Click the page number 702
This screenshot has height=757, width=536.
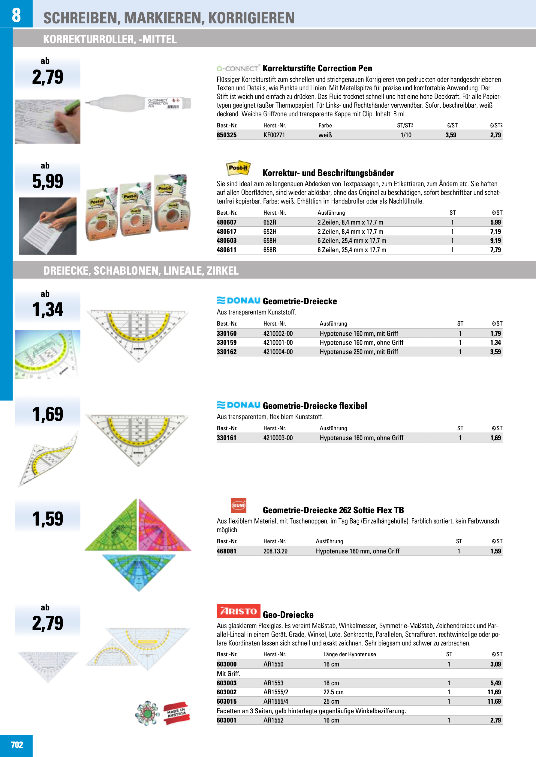[17, 745]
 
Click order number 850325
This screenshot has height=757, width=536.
[226, 135]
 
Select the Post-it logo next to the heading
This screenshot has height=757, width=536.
[238, 168]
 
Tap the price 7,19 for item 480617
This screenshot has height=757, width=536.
[495, 231]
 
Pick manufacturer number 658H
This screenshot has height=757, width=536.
[270, 241]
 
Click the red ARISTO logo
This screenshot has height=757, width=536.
[238, 611]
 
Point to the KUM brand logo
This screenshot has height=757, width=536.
[238, 505]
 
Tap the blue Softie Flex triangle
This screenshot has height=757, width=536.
[139, 571]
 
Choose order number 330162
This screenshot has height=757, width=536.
[226, 352]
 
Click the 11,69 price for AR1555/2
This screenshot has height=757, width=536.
[494, 692]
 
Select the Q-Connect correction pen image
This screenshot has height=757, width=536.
[138, 103]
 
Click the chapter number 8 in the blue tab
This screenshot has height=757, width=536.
[16, 15]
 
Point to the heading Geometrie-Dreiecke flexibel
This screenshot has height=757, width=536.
[315, 406]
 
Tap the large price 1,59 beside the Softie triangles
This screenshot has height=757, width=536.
[47, 519]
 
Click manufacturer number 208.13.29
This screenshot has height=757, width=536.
[275, 551]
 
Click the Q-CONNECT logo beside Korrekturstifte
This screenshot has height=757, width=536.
[238, 69]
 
